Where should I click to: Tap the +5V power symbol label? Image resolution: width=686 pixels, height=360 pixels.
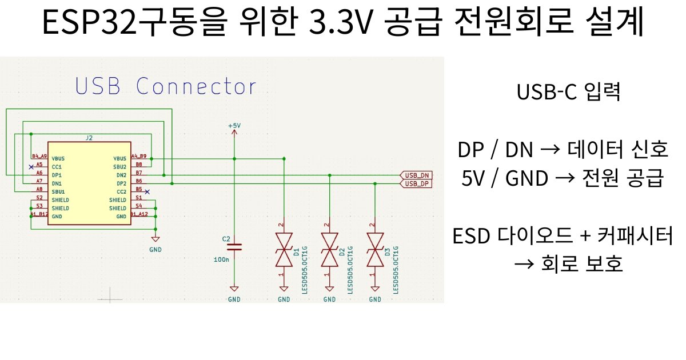tap(234, 125)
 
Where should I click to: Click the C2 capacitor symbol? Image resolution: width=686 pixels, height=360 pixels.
tap(234, 247)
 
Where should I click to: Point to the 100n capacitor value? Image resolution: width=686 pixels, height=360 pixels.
tap(221, 259)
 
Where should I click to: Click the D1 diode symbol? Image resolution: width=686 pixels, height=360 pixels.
tap(284, 249)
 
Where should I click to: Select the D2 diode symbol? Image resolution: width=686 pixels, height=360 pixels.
tap(329, 249)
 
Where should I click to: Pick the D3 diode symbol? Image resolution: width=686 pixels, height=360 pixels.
tap(375, 249)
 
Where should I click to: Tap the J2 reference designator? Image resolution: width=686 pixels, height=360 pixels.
tap(89, 138)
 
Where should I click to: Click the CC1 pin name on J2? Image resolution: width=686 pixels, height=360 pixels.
tap(57, 166)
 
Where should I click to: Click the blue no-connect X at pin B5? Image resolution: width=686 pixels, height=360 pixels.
tap(147, 191)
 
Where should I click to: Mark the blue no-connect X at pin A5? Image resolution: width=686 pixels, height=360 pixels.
tap(30, 166)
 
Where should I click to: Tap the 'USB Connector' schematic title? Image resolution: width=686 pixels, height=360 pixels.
tap(166, 87)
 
